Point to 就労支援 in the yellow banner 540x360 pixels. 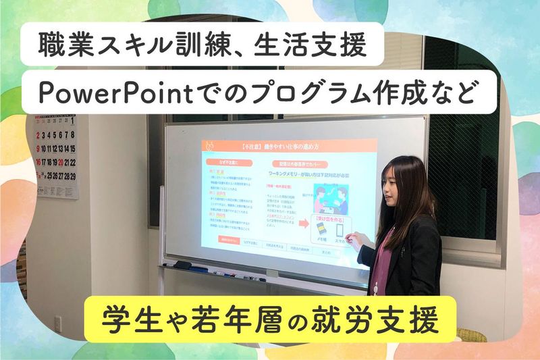(x=377, y=317)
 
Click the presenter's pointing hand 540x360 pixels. (x=360, y=237)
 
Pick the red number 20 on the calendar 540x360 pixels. (x=60, y=163)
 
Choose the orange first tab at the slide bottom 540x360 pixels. (x=227, y=240)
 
